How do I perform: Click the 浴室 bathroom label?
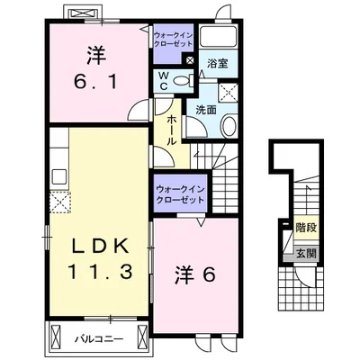pos(218,64)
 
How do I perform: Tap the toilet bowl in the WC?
pos(182,80)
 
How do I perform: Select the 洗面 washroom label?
pos(206,110)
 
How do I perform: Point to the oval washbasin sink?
pos(229,126)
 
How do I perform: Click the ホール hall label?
pos(171,130)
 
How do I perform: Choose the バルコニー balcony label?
pos(99,339)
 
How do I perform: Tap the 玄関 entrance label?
pos(307,254)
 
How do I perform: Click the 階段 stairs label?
pos(306,228)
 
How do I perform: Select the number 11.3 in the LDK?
pos(100,272)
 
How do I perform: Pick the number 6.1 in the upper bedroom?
pos(95,81)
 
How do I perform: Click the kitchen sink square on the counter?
pos(59,177)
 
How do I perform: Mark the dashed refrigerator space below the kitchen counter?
pos(59,202)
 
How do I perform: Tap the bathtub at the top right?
pos(219,37)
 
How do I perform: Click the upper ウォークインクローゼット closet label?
pos(173,40)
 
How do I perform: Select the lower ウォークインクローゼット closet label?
pos(180,194)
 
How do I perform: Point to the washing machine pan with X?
pos(229,93)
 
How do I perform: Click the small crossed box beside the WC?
pos(190,60)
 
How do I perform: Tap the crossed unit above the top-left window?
pos(83,13)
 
